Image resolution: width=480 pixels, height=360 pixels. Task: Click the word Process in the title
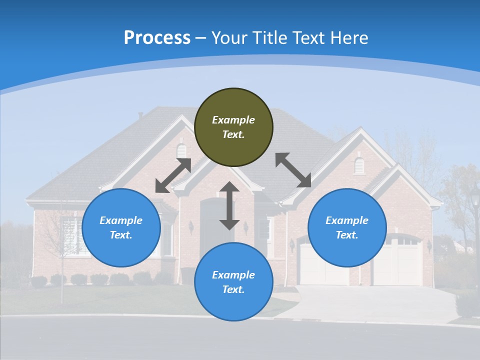click(x=157, y=38)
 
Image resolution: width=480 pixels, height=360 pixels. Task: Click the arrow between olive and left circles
click(x=173, y=175)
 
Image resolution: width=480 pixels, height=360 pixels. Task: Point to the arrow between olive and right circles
click(x=293, y=170)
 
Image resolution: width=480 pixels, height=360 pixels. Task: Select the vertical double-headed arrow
click(x=229, y=205)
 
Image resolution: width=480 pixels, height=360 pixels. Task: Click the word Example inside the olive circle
click(x=233, y=120)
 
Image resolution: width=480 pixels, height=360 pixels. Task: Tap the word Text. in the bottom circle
click(x=233, y=289)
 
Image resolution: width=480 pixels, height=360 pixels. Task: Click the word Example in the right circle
click(x=347, y=220)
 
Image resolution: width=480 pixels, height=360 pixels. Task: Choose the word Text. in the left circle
click(x=121, y=235)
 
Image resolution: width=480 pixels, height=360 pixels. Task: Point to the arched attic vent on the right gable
click(x=359, y=165)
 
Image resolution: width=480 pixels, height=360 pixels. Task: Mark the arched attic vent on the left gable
click(x=181, y=150)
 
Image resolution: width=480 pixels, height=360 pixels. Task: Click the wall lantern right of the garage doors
click(x=429, y=245)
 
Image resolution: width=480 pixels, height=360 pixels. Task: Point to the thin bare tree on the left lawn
click(x=62, y=250)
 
